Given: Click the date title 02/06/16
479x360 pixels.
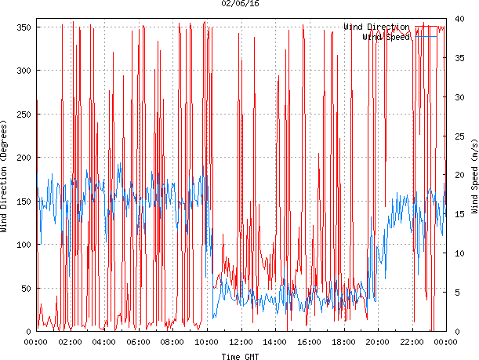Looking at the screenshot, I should click(x=241, y=4).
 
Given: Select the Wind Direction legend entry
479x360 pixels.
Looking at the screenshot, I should click(x=376, y=27).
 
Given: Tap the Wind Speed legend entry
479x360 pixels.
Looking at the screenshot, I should click(x=386, y=37).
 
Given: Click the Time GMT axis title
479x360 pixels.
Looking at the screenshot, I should click(x=241, y=356).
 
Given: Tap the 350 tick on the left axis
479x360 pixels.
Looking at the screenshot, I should click(x=21, y=27).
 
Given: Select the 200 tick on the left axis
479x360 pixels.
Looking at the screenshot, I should click(x=21, y=158).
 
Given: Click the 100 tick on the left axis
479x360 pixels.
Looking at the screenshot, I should click(x=21, y=245).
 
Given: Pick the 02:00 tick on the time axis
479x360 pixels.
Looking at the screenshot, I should click(x=70, y=342).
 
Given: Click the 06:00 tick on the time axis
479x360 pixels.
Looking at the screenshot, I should click(x=138, y=342).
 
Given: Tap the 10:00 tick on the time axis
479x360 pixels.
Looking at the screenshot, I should click(x=206, y=342).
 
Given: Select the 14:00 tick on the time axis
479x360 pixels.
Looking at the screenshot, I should click(x=274, y=342).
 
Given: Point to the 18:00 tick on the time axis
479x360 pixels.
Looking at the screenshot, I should click(x=343, y=342).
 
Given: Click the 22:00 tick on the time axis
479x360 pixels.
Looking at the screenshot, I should click(x=411, y=342).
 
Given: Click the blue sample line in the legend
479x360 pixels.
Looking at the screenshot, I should click(x=426, y=37).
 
